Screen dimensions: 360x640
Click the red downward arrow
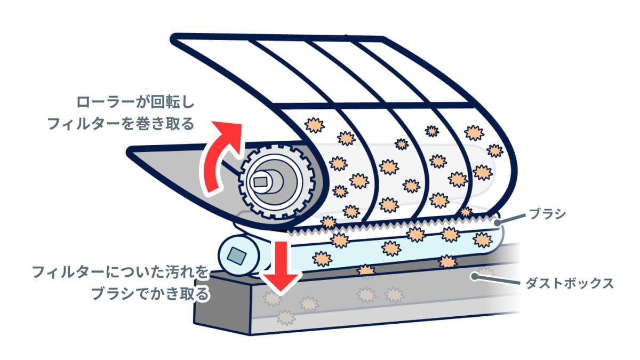click(281, 267)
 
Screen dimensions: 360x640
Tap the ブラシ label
click(547, 214)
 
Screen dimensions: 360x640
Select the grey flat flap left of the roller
click(176, 165)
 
